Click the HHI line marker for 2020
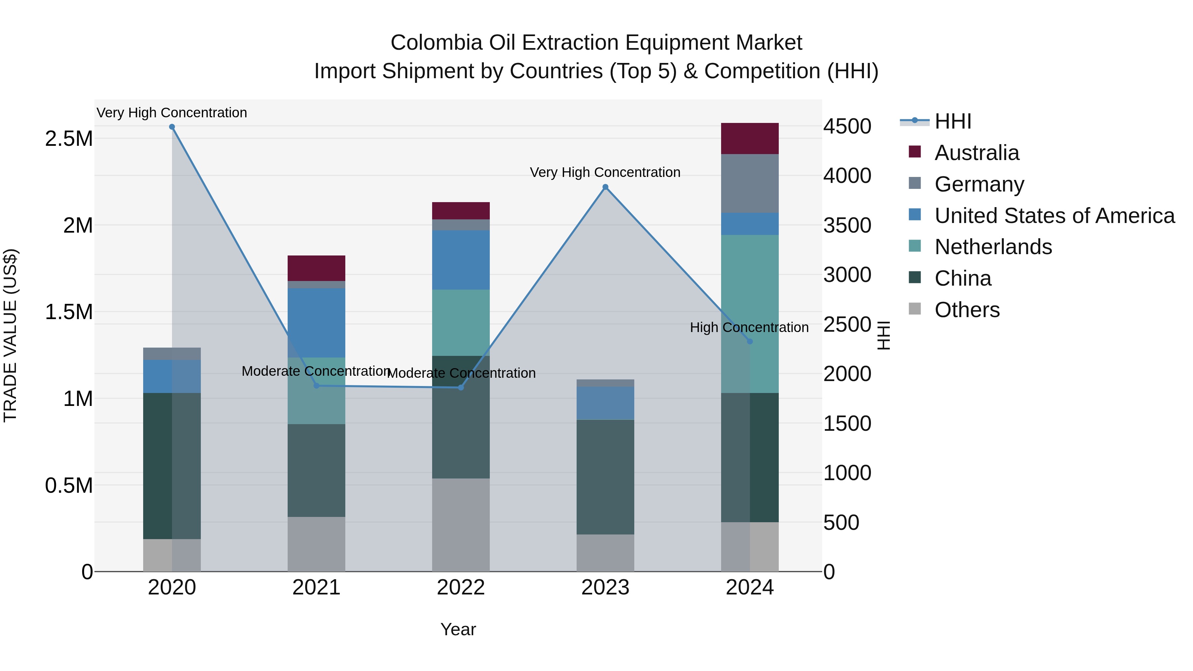172,127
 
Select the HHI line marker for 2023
605,187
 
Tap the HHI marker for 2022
461,388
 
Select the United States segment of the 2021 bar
316,323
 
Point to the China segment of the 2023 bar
605,477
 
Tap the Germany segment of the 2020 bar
172,354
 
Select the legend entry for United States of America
1054,216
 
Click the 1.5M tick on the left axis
69,312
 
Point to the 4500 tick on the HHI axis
847,127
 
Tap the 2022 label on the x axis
461,587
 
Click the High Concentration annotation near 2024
749,327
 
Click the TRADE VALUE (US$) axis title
10,335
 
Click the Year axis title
458,629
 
